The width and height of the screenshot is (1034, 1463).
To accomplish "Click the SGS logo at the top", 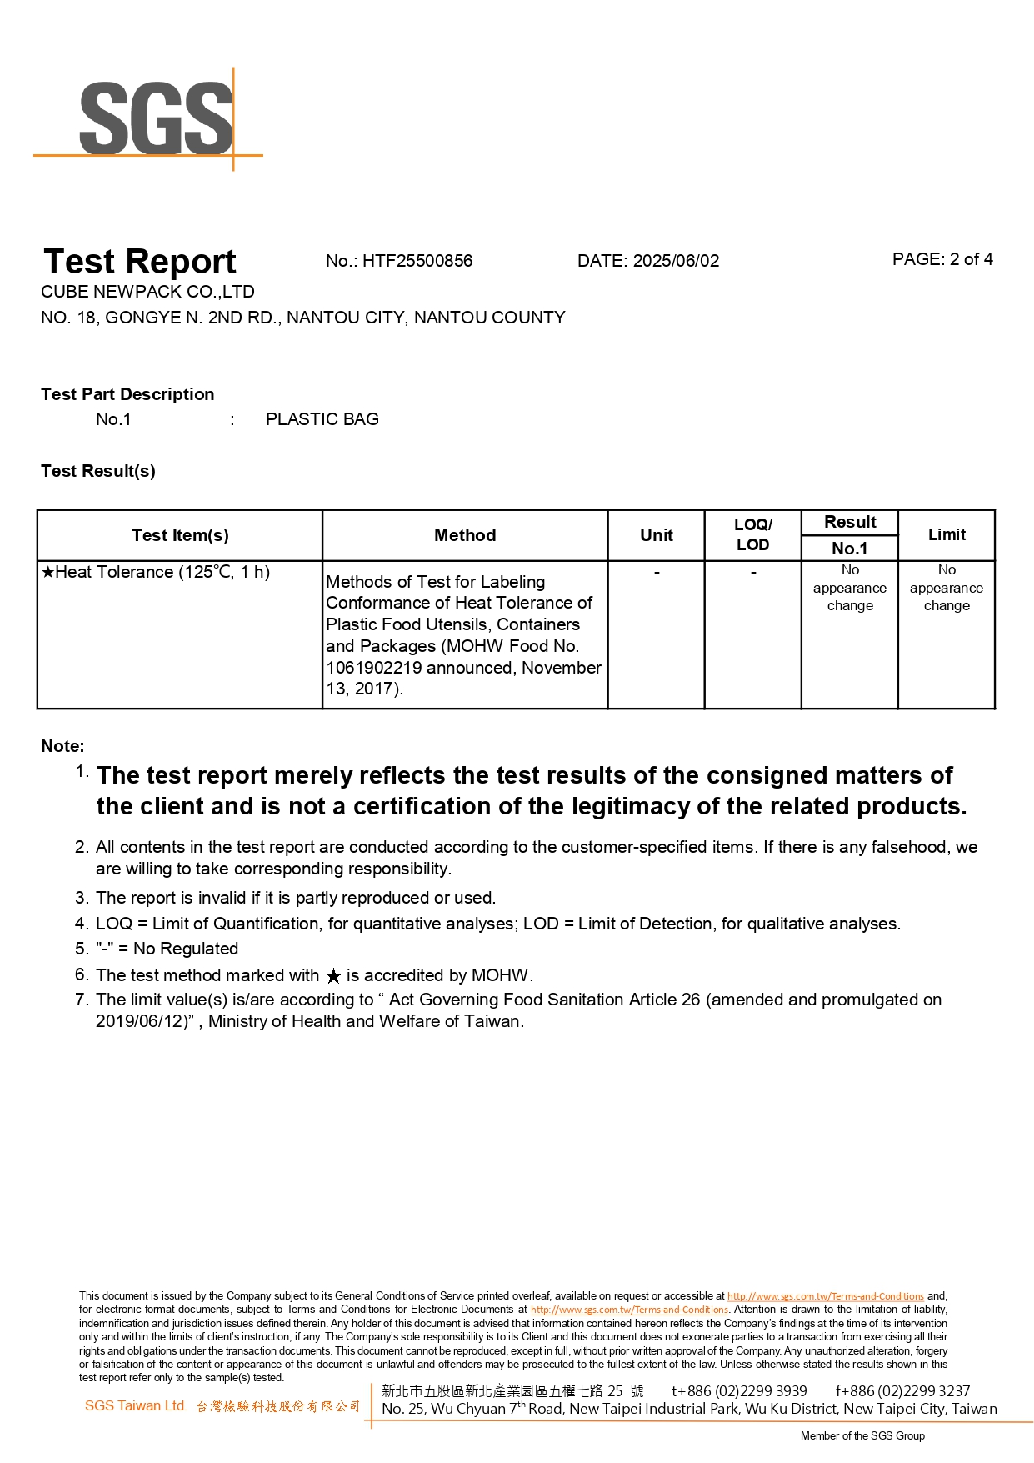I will (156, 119).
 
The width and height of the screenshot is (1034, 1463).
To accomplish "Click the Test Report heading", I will (140, 262).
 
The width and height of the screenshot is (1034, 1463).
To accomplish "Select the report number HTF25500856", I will (417, 261).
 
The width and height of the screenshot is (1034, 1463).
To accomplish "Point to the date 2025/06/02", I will (676, 261).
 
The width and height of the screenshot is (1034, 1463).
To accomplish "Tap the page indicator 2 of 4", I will (971, 259).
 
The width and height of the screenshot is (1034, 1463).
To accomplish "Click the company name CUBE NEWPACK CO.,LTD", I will (147, 292).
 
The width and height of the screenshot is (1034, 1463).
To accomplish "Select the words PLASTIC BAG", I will (322, 419).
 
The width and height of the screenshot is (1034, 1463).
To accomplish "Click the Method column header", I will (465, 535).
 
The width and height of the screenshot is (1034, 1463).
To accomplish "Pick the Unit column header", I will (657, 535).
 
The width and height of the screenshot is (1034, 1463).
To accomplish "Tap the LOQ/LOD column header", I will (752, 534).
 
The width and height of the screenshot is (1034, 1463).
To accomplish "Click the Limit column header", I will (947, 534).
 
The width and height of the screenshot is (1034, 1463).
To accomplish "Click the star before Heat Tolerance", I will (48, 573).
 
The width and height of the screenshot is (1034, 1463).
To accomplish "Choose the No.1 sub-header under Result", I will (849, 549).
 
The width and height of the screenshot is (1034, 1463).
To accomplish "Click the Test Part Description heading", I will (127, 394).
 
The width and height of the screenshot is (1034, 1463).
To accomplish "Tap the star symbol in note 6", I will (333, 976).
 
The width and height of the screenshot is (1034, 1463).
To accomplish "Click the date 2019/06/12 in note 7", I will (139, 1021).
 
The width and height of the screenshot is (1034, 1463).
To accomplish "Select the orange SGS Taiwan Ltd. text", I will (136, 1405).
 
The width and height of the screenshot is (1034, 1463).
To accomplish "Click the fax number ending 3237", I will (902, 1390).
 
